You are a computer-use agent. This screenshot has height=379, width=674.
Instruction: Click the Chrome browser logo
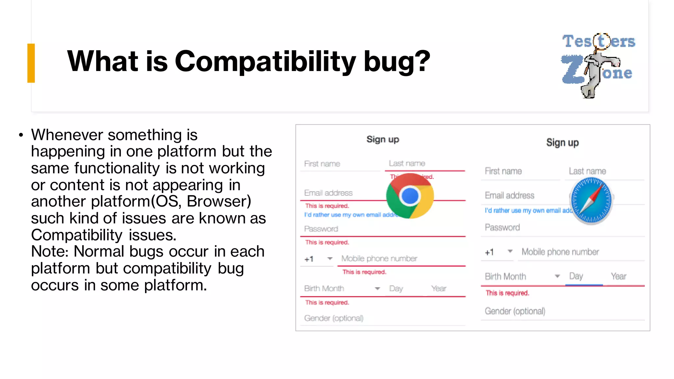[410, 196]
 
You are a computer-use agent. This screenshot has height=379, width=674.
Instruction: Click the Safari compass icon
[591, 200]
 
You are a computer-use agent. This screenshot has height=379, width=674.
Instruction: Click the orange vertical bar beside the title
[31, 63]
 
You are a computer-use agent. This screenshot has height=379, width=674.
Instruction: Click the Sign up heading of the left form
[383, 139]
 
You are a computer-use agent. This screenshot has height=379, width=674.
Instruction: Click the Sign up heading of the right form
[562, 143]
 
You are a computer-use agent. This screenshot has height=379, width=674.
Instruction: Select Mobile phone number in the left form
[379, 259]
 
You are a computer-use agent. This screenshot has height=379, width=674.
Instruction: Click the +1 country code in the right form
[489, 252]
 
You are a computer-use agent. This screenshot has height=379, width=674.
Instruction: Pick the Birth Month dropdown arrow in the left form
[377, 289]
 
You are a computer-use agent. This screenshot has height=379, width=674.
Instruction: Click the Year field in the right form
[618, 276]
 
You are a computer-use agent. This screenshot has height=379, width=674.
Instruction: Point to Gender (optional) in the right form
[515, 311]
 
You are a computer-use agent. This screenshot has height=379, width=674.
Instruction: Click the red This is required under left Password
[327, 242]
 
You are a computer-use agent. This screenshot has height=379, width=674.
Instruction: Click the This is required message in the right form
[507, 293]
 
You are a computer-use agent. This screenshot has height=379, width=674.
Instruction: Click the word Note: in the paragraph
[50, 252]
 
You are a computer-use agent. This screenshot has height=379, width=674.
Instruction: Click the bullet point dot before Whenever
[21, 135]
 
